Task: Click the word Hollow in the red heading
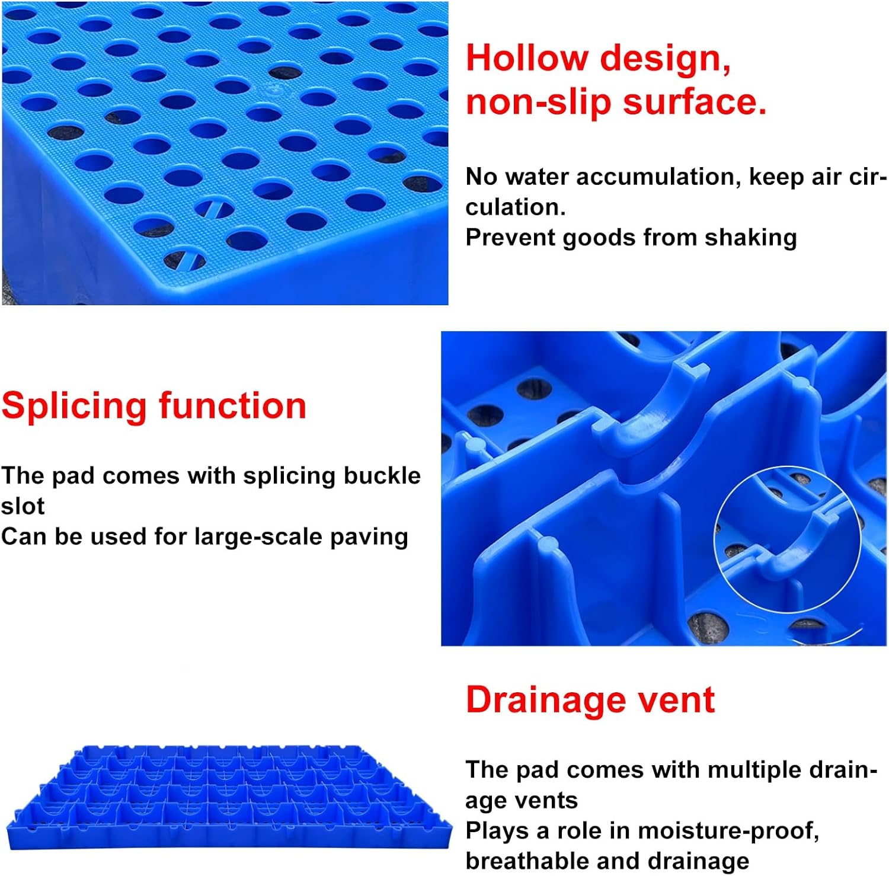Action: coord(526,59)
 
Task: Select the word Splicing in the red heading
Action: coord(74,407)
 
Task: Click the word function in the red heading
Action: coord(232,406)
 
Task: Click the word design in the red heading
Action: coord(665,60)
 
